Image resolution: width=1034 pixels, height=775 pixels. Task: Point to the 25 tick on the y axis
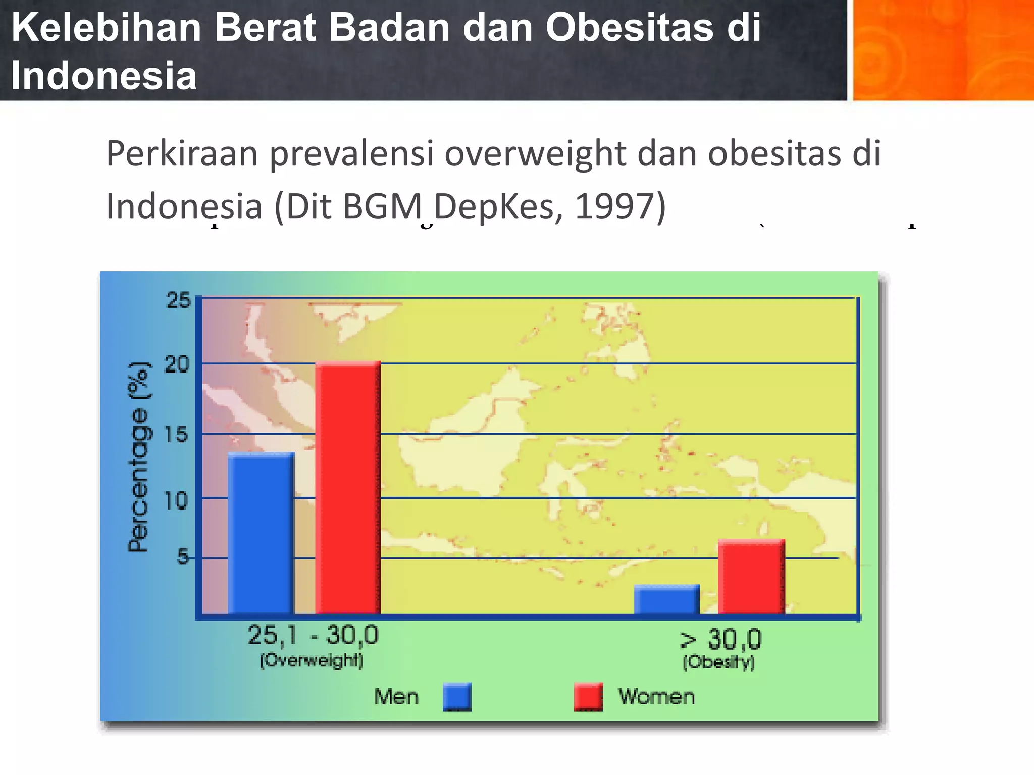click(179, 300)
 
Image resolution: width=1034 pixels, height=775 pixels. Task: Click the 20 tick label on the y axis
click(177, 364)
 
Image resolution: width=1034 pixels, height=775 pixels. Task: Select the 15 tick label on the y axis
click(176, 434)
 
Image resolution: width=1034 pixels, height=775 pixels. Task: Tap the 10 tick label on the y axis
click(176, 501)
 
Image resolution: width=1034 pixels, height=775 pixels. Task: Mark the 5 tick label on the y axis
click(182, 557)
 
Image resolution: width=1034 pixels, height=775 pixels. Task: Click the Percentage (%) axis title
click(138, 457)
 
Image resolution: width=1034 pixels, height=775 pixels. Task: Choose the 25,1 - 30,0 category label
click(313, 635)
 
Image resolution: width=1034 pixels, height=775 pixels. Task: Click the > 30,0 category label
click(720, 639)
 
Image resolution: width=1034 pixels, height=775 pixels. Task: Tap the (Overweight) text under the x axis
click(312, 660)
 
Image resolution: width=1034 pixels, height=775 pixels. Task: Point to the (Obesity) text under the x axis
click(718, 662)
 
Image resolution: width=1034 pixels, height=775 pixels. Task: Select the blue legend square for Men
click(457, 697)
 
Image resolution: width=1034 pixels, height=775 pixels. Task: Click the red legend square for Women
click(588, 697)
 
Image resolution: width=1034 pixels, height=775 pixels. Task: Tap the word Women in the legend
click(656, 697)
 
